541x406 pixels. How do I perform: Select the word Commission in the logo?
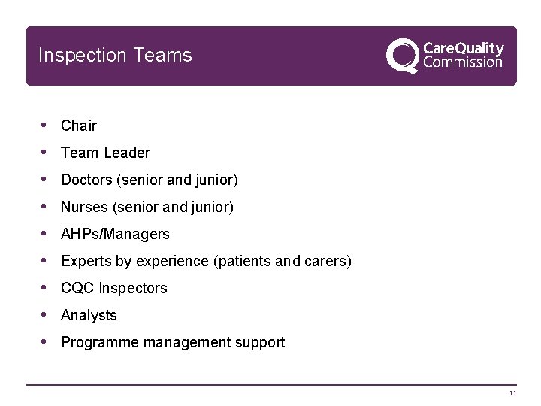(463, 63)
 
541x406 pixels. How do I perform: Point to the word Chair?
(79, 126)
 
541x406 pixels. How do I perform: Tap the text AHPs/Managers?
(115, 234)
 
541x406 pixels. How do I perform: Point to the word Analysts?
(89, 315)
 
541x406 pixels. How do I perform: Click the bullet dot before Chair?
(45, 125)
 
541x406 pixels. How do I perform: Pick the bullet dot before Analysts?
(45, 314)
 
